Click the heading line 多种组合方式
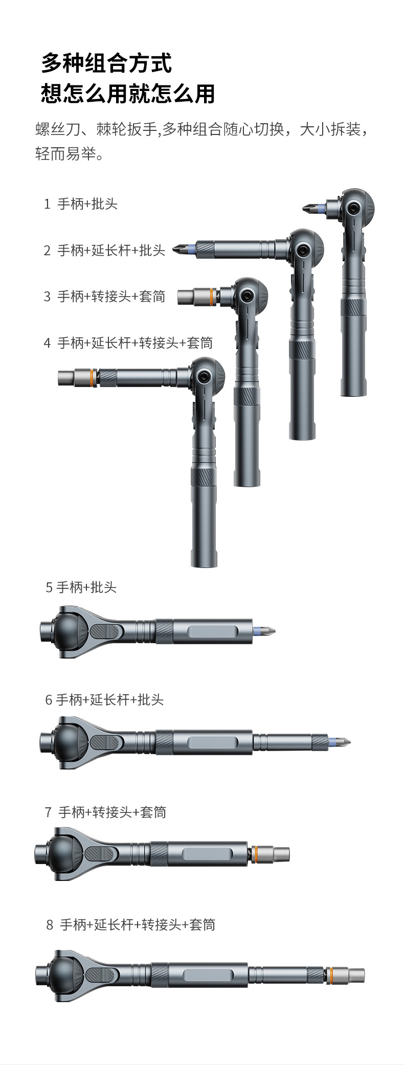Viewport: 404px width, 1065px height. (106, 63)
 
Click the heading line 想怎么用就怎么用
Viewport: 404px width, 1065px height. (128, 94)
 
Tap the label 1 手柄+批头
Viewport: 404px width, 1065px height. (81, 204)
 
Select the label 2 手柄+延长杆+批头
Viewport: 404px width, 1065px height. (104, 251)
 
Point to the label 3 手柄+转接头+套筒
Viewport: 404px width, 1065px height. (104, 297)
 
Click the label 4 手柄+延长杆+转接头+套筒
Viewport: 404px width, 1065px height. (128, 343)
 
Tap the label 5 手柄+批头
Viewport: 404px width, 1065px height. (81, 587)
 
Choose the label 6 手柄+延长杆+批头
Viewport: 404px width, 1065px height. (104, 700)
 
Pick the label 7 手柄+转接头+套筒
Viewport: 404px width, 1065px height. (105, 812)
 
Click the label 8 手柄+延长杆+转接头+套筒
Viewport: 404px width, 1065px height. (130, 925)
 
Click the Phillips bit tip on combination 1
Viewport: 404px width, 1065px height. (308, 208)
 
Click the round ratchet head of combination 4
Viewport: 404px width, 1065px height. (207, 376)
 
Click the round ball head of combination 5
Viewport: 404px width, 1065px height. (70, 632)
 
